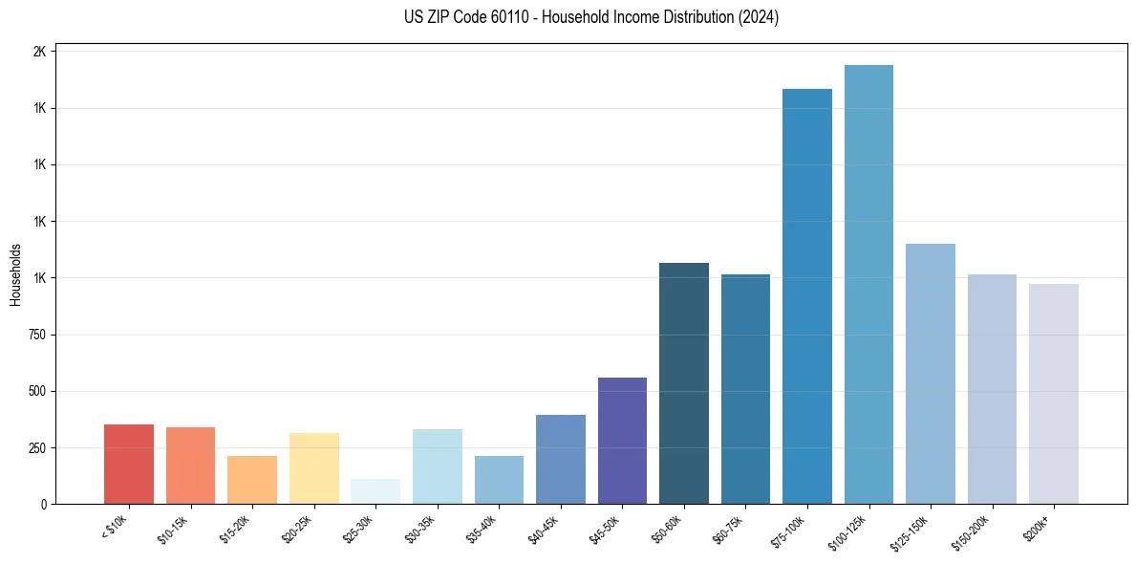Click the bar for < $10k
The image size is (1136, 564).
coord(128,465)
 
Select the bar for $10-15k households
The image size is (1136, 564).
coord(190,466)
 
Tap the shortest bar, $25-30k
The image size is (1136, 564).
coord(375,491)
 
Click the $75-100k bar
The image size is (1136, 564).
coord(807,296)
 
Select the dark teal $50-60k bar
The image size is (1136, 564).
coord(684,383)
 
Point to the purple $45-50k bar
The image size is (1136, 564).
coord(622,441)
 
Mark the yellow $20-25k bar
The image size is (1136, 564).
coord(313,468)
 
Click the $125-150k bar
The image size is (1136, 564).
coord(931,374)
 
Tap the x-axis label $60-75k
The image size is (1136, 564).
coord(729,528)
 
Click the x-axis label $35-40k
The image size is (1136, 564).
coord(482,528)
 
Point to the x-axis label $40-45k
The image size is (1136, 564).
coord(544,528)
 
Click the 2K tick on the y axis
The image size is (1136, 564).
coord(40,52)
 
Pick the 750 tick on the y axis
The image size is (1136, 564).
coord(37,335)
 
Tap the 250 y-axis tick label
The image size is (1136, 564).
coord(37,447)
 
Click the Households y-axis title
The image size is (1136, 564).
coord(15,274)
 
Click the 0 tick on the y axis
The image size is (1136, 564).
coord(44,504)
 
